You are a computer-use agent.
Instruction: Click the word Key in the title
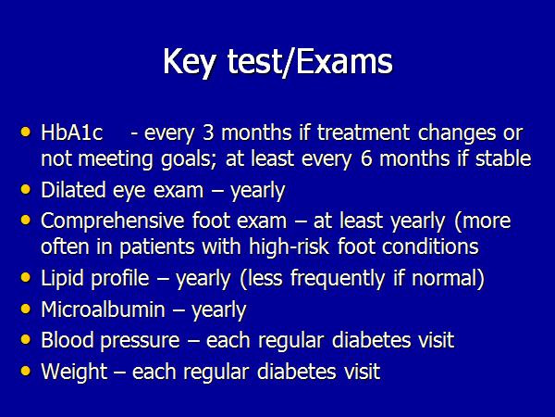(190, 62)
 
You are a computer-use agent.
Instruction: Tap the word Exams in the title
(344, 61)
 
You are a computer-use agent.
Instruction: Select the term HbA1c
(72, 133)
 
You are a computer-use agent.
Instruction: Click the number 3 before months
(208, 133)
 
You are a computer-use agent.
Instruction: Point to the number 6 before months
(366, 158)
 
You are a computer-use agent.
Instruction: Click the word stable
(503, 158)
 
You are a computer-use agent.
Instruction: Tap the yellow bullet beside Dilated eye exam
(26, 189)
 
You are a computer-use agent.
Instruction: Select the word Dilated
(73, 190)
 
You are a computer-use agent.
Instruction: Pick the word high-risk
(290, 246)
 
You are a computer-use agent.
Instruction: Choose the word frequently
(338, 278)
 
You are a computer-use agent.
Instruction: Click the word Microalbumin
(103, 310)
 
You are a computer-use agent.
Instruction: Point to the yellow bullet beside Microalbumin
(26, 309)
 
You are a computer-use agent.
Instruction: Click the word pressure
(141, 341)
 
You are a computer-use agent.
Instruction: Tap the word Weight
(74, 372)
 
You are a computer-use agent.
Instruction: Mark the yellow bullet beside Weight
(26, 371)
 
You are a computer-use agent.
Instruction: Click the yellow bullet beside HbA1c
(26, 132)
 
